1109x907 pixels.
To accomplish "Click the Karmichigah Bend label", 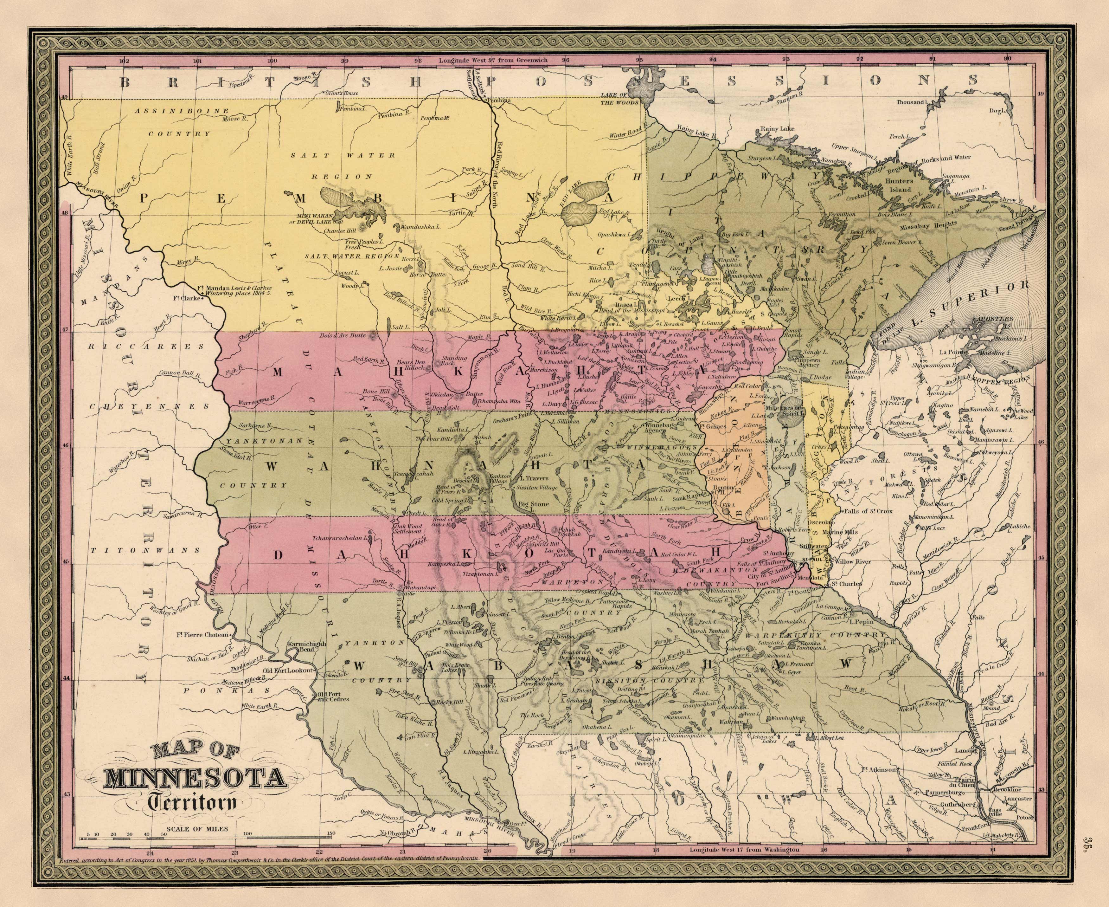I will point(306,648).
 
